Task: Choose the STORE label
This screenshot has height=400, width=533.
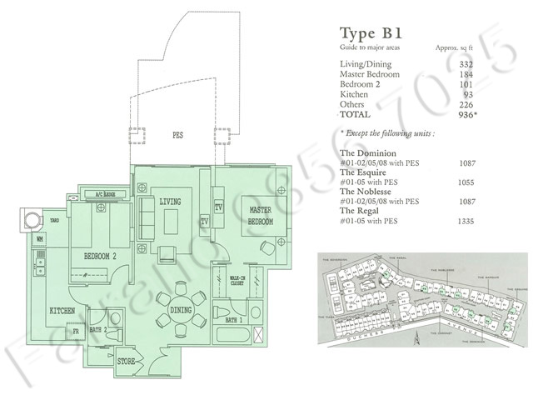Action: (x=126, y=362)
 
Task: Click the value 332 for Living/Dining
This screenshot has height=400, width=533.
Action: (x=466, y=65)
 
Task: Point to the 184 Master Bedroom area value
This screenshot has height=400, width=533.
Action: (x=466, y=75)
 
